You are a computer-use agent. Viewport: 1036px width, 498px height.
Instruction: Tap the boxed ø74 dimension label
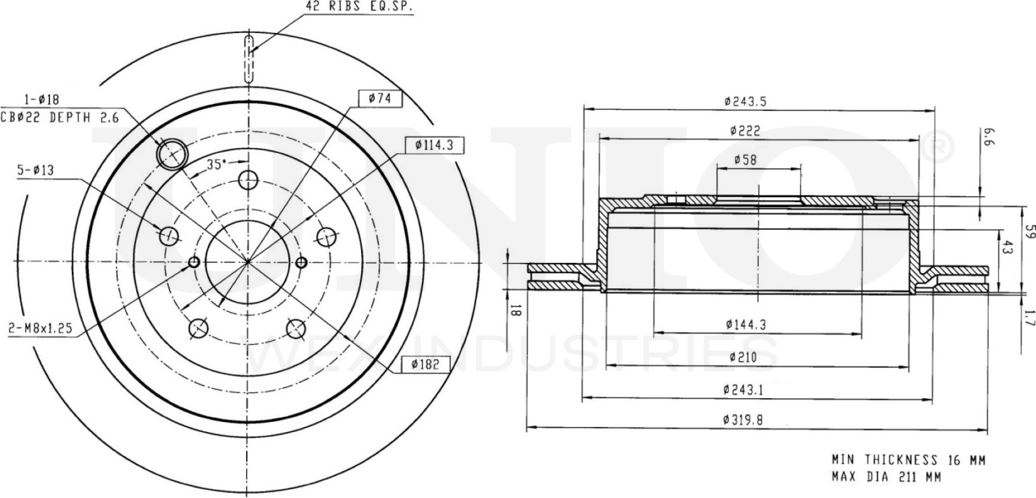[380, 99]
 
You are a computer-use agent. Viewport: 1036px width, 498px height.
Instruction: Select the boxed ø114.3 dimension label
[434, 145]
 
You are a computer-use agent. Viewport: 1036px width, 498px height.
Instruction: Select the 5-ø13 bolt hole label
[33, 171]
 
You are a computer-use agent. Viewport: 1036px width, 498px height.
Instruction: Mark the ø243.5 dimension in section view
[745, 101]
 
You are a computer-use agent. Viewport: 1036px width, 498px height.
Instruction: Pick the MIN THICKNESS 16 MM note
[907, 460]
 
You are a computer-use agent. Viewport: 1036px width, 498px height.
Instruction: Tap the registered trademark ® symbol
[940, 149]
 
